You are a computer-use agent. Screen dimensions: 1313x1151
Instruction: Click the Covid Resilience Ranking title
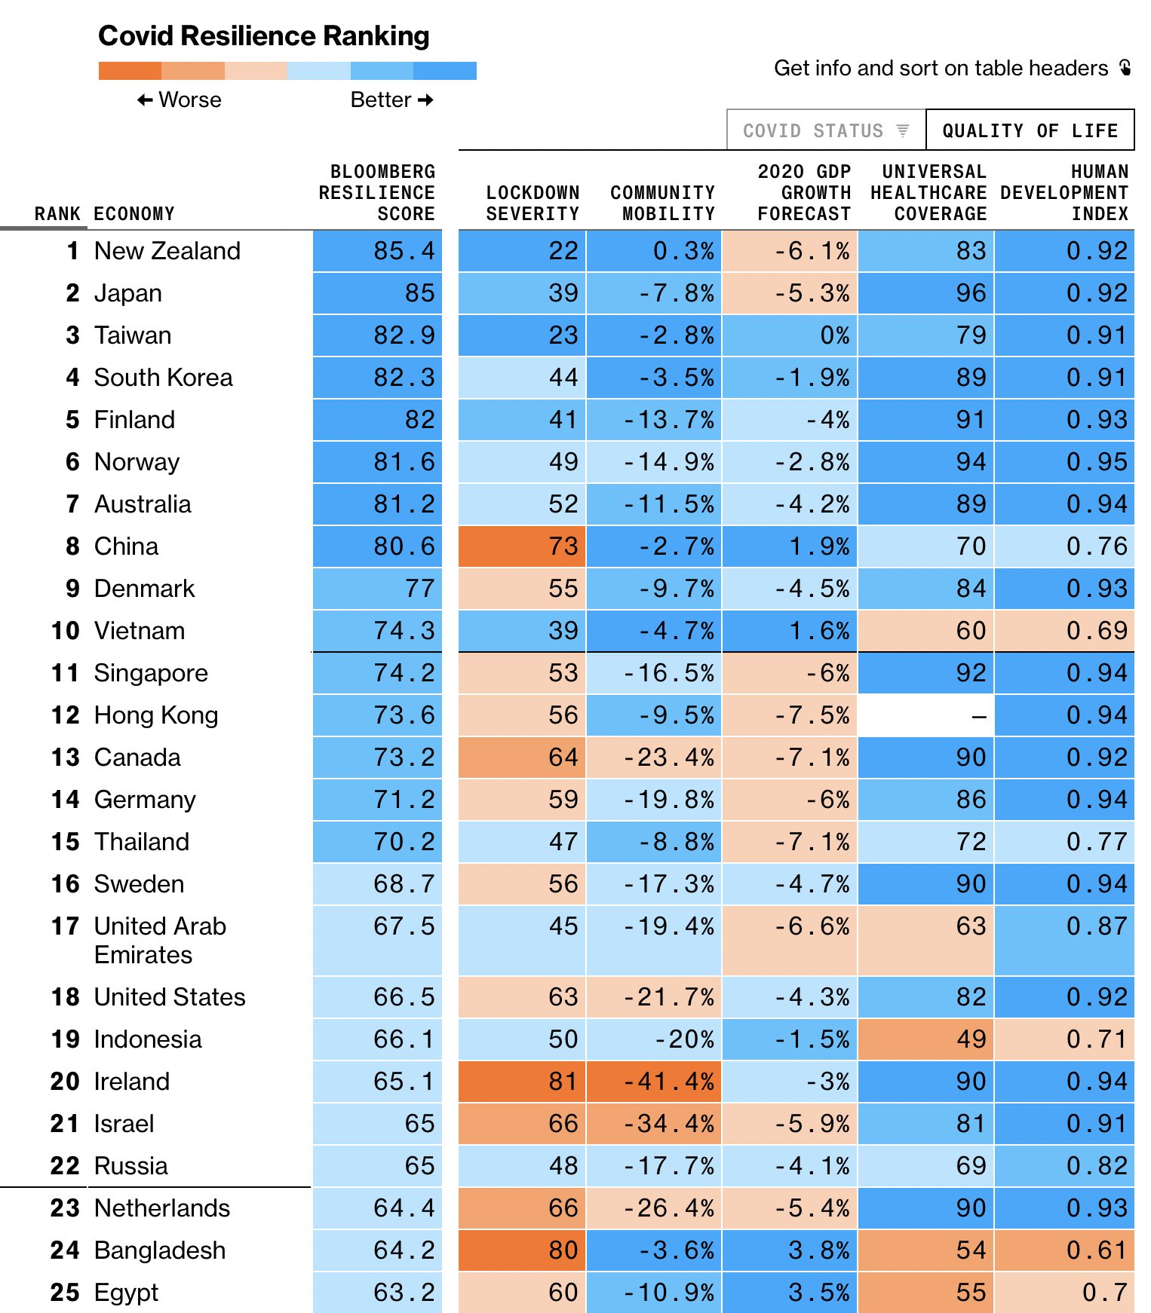coord(263,35)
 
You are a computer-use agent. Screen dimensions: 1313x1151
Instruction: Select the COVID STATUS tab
coord(825,130)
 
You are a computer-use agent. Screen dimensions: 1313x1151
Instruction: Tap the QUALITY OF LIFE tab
coord(1030,130)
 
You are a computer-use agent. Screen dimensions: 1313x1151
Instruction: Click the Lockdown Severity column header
coord(533,204)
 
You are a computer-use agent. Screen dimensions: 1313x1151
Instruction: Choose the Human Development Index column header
coord(1064,193)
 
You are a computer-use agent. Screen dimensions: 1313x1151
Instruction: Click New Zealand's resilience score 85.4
coord(377,251)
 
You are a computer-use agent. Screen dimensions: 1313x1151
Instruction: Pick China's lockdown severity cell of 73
coord(522,546)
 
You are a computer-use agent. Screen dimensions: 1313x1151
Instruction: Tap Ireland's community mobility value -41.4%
coord(654,1082)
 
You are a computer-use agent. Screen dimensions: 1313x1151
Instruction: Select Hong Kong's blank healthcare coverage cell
coord(926,715)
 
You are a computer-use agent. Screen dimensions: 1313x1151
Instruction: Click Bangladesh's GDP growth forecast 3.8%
coord(790,1250)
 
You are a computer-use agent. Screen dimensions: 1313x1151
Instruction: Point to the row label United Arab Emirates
coord(160,940)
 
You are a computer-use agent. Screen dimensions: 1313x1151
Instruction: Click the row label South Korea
coord(163,378)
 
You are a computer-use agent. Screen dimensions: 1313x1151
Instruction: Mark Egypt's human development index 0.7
coord(1064,1293)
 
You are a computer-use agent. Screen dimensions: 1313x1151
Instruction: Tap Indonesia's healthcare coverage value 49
coord(926,1039)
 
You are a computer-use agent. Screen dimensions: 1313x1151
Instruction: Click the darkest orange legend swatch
coord(130,71)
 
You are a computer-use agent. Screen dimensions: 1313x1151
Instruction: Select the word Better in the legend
coord(381,100)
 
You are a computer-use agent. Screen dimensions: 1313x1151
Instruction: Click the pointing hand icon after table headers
coord(1125,68)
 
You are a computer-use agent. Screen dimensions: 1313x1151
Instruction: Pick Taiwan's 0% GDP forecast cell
coord(790,335)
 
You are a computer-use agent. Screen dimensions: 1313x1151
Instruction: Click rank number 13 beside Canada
coord(65,757)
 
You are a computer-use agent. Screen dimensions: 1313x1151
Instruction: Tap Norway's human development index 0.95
coord(1064,462)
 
